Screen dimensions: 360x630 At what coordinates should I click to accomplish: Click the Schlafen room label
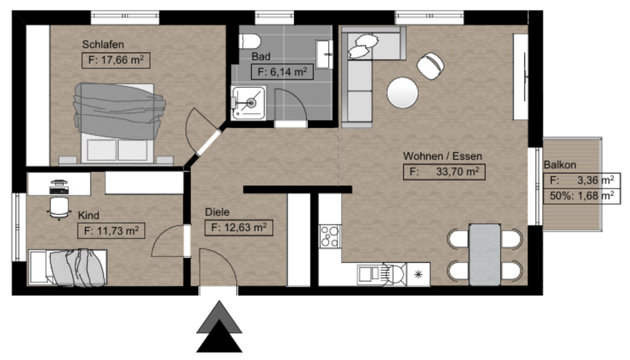click(103, 45)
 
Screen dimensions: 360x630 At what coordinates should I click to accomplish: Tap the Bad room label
click(261, 57)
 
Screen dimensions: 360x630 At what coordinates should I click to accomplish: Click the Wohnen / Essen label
click(442, 156)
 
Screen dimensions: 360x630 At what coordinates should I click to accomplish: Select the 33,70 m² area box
click(444, 172)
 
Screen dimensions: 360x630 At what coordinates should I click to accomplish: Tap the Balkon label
click(560, 165)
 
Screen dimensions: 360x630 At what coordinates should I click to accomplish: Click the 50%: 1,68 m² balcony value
click(581, 195)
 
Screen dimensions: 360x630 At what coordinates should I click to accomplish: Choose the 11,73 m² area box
click(111, 230)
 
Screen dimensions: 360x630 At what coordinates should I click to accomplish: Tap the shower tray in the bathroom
click(248, 103)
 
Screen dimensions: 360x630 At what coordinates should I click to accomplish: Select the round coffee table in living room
click(402, 92)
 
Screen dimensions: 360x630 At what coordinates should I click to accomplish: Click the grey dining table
click(485, 254)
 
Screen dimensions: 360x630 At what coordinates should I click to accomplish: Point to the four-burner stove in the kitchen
click(329, 236)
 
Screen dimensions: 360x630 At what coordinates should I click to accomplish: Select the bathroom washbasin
click(324, 53)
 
